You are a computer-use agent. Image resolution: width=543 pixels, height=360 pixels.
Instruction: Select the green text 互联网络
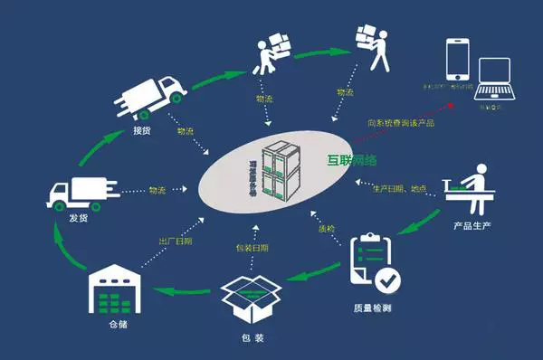(x=352, y=161)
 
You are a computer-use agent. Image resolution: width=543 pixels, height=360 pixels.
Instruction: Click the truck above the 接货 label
(x=146, y=97)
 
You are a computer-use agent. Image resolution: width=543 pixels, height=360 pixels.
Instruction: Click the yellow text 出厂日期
(x=173, y=242)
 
